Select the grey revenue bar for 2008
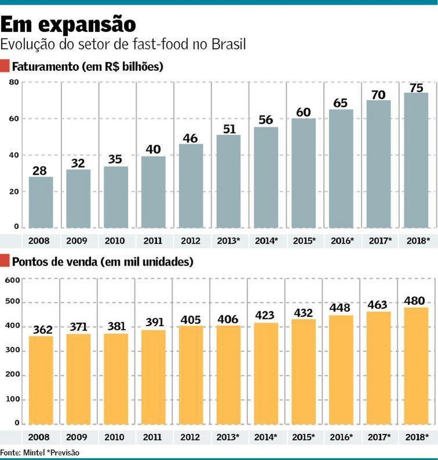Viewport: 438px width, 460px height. (x=41, y=202)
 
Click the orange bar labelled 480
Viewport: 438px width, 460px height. (x=416, y=365)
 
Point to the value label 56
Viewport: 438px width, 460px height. (x=266, y=120)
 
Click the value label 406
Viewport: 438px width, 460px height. (x=228, y=319)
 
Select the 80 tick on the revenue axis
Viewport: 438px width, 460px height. (x=14, y=82)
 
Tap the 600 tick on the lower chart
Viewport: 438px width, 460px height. (x=12, y=280)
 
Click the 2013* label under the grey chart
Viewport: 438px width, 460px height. (x=228, y=241)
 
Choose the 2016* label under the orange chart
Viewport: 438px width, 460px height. (x=341, y=437)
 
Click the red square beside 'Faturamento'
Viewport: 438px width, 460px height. (x=5, y=66)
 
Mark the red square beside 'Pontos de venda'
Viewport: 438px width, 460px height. (x=5, y=261)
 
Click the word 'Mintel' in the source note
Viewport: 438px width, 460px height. (x=34, y=453)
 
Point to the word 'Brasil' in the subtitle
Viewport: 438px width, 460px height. (x=229, y=44)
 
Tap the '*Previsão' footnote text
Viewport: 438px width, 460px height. (x=63, y=453)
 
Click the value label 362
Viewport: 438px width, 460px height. (x=43, y=330)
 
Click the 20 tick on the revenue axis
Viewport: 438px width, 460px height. (x=14, y=192)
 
